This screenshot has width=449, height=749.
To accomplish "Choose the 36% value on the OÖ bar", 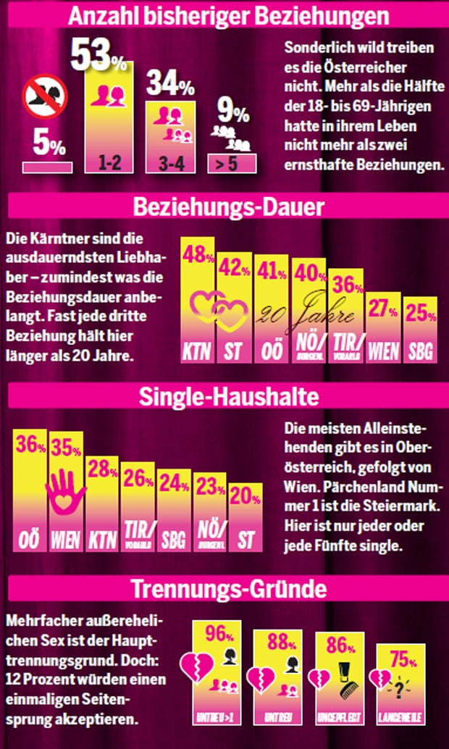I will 31,446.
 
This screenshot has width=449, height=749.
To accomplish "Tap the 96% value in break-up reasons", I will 216,635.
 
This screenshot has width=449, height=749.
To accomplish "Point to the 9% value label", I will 232,112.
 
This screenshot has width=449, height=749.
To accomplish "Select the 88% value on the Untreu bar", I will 278,642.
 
